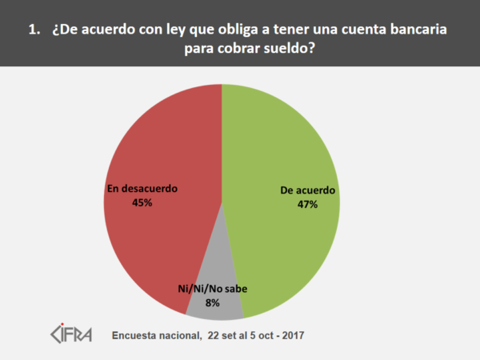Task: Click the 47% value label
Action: point(309,205)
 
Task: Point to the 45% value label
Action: point(142,203)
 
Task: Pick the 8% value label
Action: point(212,302)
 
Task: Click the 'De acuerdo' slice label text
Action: point(309,191)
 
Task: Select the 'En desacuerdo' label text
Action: point(142,189)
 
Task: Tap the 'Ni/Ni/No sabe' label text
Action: point(212,289)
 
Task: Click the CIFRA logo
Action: point(71,332)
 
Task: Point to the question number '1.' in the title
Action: point(34,30)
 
